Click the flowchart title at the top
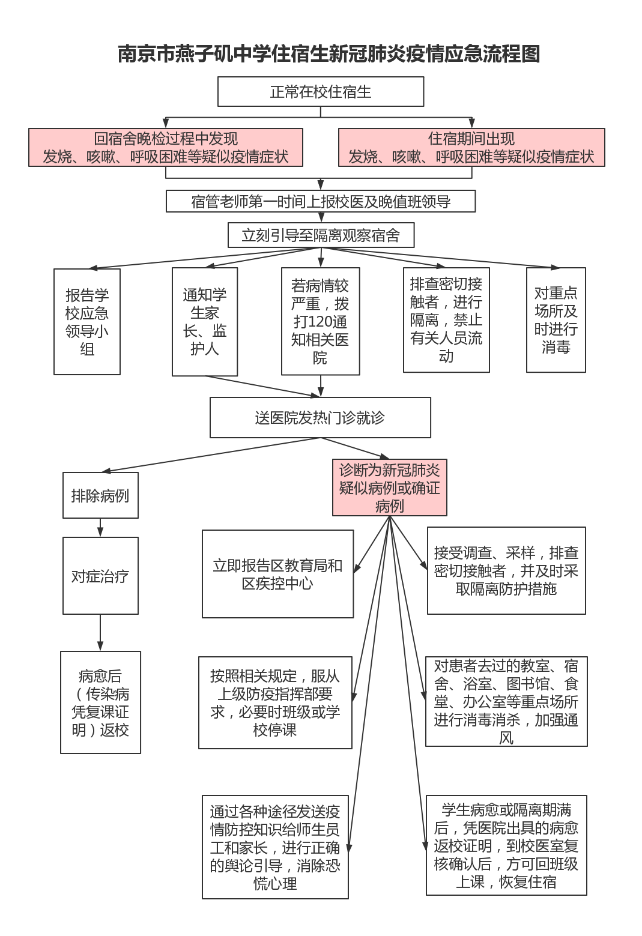[329, 54]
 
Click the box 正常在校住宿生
[320, 92]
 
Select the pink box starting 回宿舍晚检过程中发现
[165, 148]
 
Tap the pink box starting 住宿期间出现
[471, 148]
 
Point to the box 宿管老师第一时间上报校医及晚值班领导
[320, 202]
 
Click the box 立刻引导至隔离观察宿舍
[320, 235]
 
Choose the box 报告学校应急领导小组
[87, 322]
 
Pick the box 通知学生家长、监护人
[204, 322]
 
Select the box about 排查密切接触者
[446, 320]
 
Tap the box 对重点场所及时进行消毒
[556, 320]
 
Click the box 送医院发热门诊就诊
[320, 418]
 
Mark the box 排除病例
[100, 495]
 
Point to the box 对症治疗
[100, 576]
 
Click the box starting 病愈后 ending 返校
[100, 702]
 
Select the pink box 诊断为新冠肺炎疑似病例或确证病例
[389, 488]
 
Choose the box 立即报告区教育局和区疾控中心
[277, 574]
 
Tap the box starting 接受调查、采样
[506, 571]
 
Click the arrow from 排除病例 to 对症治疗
[100, 528]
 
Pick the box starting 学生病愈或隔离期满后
[506, 845]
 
